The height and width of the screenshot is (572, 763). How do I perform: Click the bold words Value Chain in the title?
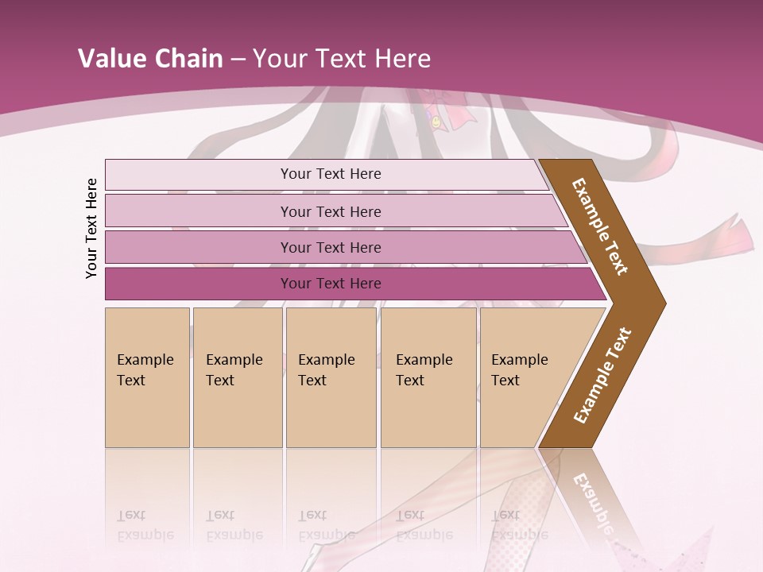150,59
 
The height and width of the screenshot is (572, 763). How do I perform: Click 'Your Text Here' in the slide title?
342,59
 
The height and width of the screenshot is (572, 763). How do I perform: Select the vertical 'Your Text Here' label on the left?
91,228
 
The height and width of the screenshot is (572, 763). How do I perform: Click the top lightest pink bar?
199,174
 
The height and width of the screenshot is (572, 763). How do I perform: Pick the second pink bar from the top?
199,211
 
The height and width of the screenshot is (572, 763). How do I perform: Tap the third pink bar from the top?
199,247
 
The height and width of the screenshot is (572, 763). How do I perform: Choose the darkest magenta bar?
199,284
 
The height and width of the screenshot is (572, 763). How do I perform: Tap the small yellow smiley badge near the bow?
436,122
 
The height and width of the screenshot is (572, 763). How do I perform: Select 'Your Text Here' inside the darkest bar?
331,284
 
